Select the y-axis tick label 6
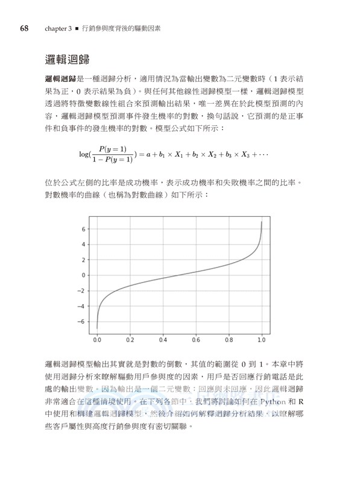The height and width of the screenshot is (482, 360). point(84,230)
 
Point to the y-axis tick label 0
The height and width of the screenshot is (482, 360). point(84,275)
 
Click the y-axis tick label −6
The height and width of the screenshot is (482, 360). point(83,321)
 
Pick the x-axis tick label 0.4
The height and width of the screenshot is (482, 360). point(163,340)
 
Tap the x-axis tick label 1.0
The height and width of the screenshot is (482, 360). point(261,340)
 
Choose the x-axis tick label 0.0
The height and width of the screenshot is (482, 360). point(97,340)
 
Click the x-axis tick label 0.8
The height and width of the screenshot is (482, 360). point(229,340)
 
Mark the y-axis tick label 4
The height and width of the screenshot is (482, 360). point(84,245)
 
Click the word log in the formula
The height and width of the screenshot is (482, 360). point(85,154)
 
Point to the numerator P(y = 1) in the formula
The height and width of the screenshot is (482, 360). point(113,149)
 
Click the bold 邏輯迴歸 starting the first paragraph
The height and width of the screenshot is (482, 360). point(59,79)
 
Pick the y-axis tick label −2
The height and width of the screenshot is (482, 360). point(83,290)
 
